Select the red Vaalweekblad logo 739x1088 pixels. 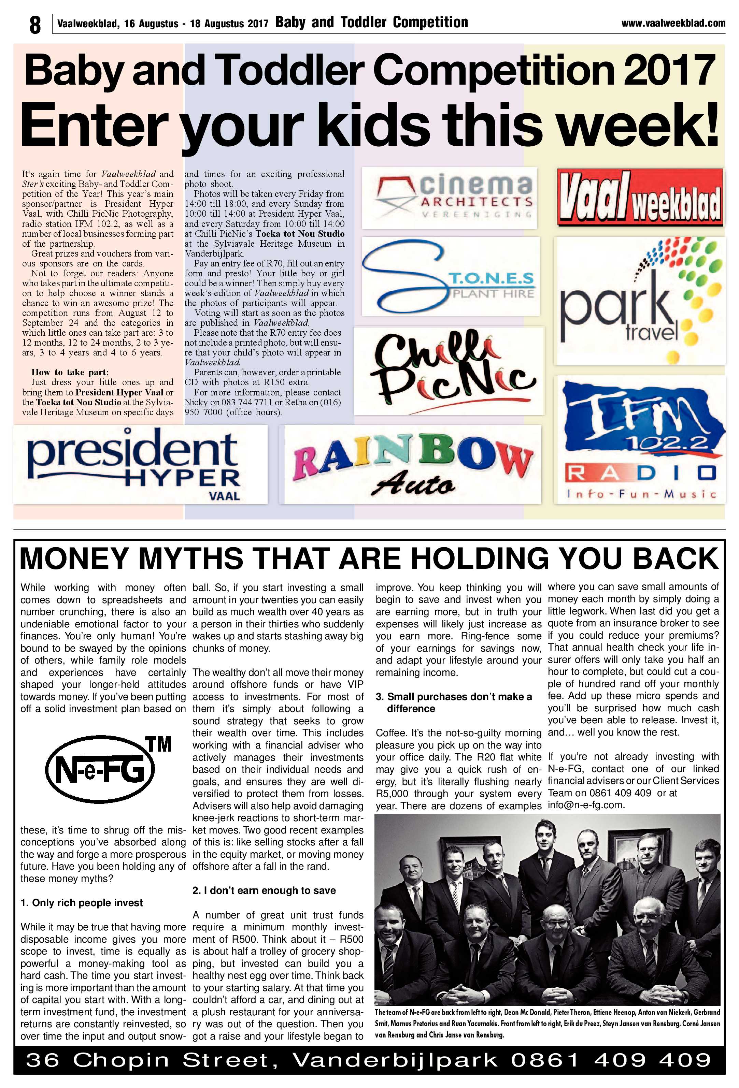(x=640, y=198)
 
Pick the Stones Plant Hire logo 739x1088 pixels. (x=450, y=279)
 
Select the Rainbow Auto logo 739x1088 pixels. (x=412, y=464)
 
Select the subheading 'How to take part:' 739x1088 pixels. (x=70, y=372)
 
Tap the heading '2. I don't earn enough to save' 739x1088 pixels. (x=264, y=890)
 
